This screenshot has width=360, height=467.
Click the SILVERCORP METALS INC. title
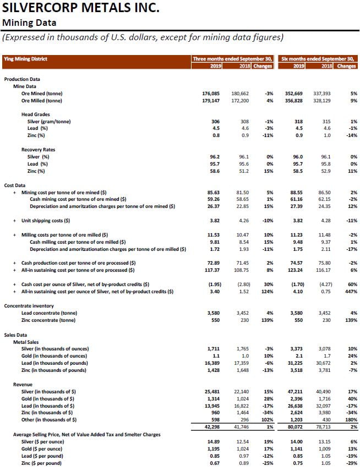pyautogui.click(x=81, y=8)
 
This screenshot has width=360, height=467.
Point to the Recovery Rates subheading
pyautogui.click(x=38, y=149)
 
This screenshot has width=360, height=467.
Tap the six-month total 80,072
pyautogui.click(x=290, y=426)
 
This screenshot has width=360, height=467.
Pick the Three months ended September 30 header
pyautogui.click(x=233, y=58)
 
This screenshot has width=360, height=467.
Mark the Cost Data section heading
pyautogui.click(x=17, y=185)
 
